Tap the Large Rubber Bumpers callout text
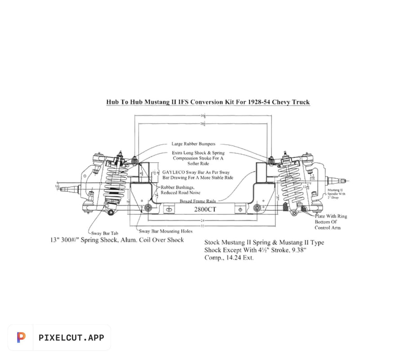tap(193, 144)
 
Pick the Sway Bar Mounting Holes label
tap(165, 231)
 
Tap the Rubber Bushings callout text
tap(178, 187)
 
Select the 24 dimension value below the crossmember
tap(203, 221)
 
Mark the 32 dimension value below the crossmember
tap(203, 226)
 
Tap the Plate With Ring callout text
tap(331, 216)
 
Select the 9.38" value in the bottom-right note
tap(298, 250)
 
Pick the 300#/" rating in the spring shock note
tap(73, 240)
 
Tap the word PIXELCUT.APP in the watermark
tap(71, 338)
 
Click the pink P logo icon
tap(21, 338)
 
